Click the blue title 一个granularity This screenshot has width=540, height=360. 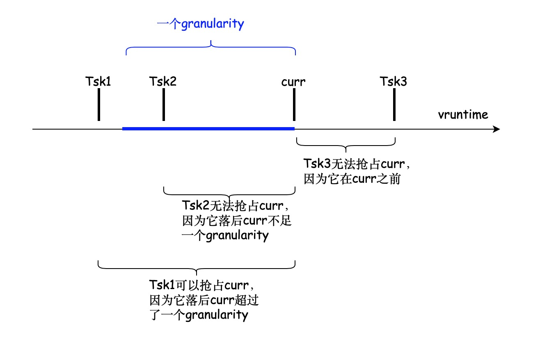click(x=200, y=24)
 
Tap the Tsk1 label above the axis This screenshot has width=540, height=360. click(x=98, y=82)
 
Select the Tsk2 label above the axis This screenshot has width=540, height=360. click(x=163, y=82)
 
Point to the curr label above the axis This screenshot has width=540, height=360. click(x=293, y=82)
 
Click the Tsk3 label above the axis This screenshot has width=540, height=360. click(x=394, y=82)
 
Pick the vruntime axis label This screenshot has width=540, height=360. click(x=463, y=114)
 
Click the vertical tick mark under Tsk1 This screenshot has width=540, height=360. click(x=99, y=104)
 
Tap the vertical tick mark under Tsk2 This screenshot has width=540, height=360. click(x=163, y=104)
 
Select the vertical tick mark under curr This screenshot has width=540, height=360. click(x=294, y=104)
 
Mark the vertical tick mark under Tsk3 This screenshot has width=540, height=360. click(x=394, y=104)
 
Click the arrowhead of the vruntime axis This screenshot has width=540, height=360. click(x=497, y=129)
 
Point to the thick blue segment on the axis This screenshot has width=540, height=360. click(x=208, y=129)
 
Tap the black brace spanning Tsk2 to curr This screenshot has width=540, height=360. click(x=229, y=193)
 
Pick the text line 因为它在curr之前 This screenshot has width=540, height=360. click(x=352, y=179)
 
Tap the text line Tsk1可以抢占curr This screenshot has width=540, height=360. click(x=204, y=285)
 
